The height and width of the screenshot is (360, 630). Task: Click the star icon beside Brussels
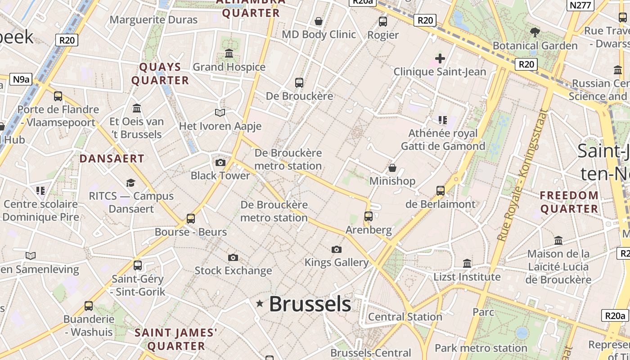(x=260, y=304)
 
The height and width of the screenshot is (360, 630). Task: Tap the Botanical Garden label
(x=535, y=45)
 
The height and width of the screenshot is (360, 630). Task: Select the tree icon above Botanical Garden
(x=535, y=32)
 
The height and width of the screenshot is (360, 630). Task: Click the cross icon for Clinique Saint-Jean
(x=440, y=58)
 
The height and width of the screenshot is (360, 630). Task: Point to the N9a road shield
(x=21, y=80)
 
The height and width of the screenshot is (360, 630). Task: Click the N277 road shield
(x=581, y=5)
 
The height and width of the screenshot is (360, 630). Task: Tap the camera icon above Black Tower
(x=220, y=162)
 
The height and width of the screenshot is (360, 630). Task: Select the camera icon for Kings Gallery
(x=336, y=249)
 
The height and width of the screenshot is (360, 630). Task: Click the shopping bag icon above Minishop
(x=392, y=168)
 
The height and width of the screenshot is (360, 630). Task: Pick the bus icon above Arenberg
(x=369, y=216)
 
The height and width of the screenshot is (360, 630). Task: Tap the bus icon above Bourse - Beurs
(x=191, y=219)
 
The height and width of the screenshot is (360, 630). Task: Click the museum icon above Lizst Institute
(x=467, y=263)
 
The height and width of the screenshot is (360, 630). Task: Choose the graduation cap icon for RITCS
(x=130, y=183)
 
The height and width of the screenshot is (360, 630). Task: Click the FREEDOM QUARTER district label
(x=569, y=202)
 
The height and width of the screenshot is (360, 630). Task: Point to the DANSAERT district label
(x=112, y=158)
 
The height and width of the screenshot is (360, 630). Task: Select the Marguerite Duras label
(x=153, y=20)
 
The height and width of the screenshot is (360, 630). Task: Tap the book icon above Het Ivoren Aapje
(x=220, y=112)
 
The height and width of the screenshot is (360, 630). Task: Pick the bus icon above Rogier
(x=383, y=21)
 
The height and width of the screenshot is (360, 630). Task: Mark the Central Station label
(x=405, y=317)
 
